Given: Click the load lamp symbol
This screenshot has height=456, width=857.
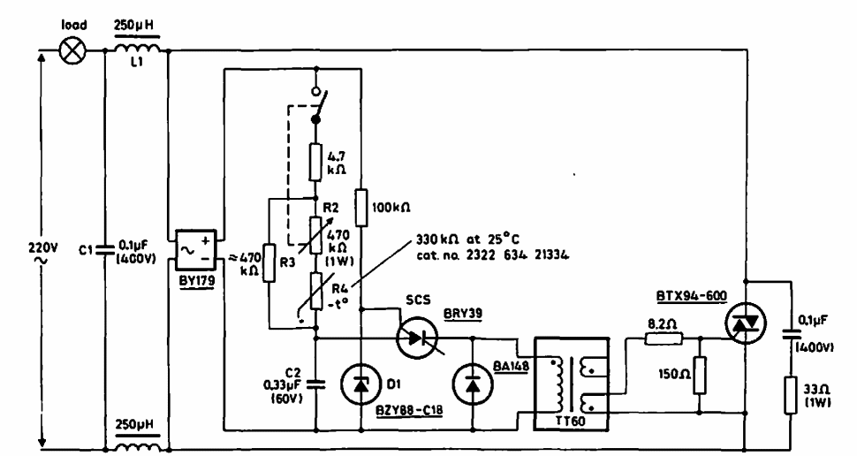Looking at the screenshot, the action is (x=72, y=51).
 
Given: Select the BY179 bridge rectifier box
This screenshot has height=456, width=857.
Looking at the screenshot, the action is (x=195, y=250).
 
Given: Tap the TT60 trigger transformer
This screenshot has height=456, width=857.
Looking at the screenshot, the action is (x=571, y=384).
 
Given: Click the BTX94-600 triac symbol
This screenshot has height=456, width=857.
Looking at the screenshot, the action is (x=746, y=323).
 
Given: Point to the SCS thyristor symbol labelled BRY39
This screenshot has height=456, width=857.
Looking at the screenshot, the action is (x=416, y=338).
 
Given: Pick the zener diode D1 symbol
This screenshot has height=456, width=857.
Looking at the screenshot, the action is (x=360, y=385).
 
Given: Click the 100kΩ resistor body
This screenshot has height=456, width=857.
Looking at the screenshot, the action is (x=360, y=207).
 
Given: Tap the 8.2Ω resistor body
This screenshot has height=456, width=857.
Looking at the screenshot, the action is (x=664, y=339).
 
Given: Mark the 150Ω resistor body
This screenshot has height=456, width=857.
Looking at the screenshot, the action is (x=700, y=375).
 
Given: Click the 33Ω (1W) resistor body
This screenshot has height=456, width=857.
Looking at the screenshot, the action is (x=791, y=395).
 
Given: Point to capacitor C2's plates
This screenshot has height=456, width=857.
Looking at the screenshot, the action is (x=316, y=385).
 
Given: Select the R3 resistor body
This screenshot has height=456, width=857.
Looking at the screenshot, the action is (x=269, y=263).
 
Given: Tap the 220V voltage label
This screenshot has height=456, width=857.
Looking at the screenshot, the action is (x=42, y=247).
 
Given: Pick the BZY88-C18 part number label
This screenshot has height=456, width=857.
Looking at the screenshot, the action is (x=409, y=410).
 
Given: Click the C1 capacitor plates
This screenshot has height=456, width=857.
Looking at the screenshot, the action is (x=104, y=250).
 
